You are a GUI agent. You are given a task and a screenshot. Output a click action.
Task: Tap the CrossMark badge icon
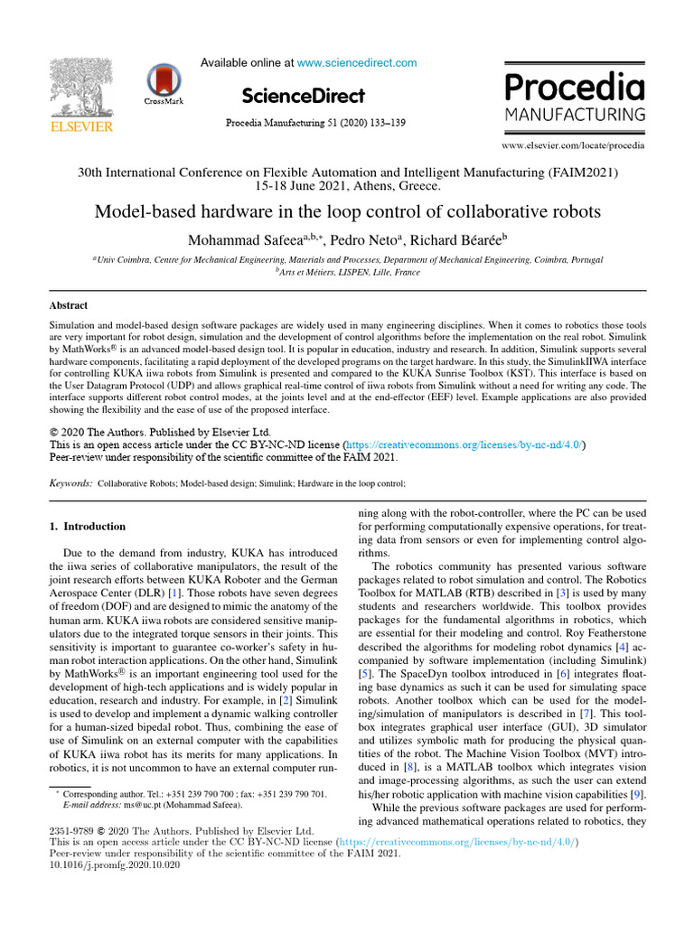pyautogui.click(x=164, y=83)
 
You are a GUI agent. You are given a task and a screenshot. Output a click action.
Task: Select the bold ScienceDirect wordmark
pyautogui.click(x=304, y=96)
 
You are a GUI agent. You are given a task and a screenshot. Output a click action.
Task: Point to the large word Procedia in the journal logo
pyautogui.click(x=574, y=88)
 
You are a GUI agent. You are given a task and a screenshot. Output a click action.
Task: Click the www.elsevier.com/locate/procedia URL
pyautogui.click(x=574, y=145)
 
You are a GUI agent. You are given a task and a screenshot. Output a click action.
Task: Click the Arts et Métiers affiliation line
pyautogui.click(x=347, y=271)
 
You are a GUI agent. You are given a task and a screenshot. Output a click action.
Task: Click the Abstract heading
pyautogui.click(x=69, y=305)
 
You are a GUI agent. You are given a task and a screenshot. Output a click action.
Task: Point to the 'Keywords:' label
pyautogui.click(x=70, y=484)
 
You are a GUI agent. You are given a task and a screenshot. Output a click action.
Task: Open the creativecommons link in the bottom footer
pyautogui.click(x=457, y=842)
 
